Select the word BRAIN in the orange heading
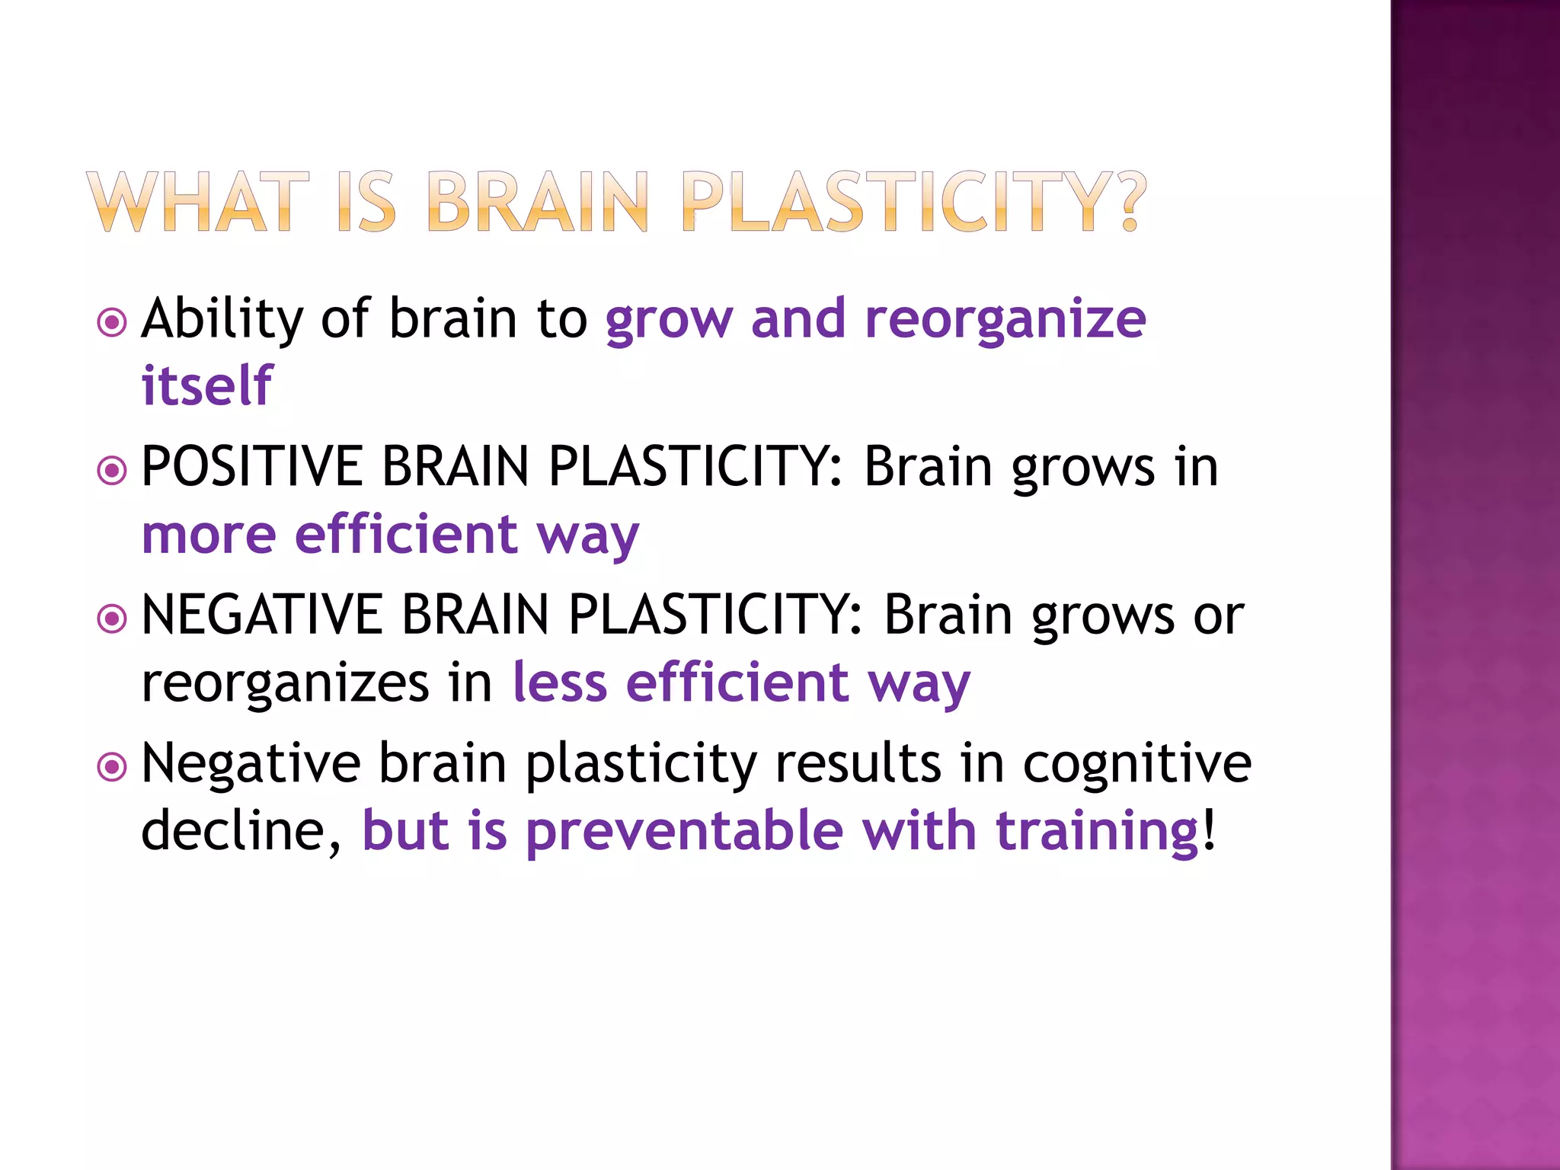pyautogui.click(x=538, y=202)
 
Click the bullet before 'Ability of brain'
pyautogui.click(x=112, y=322)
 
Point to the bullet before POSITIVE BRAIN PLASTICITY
pyautogui.click(x=112, y=470)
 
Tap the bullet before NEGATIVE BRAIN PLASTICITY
pyautogui.click(x=112, y=618)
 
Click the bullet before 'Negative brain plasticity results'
pyautogui.click(x=112, y=766)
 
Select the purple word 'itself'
pyautogui.click(x=206, y=385)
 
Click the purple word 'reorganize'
pyautogui.click(x=1005, y=320)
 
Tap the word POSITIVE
pyautogui.click(x=252, y=466)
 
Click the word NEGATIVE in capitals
pyautogui.click(x=262, y=615)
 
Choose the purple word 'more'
pyautogui.click(x=209, y=535)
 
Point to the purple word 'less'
pyautogui.click(x=560, y=682)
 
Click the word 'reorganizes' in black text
pyautogui.click(x=286, y=683)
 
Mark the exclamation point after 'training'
pyautogui.click(x=1210, y=830)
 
